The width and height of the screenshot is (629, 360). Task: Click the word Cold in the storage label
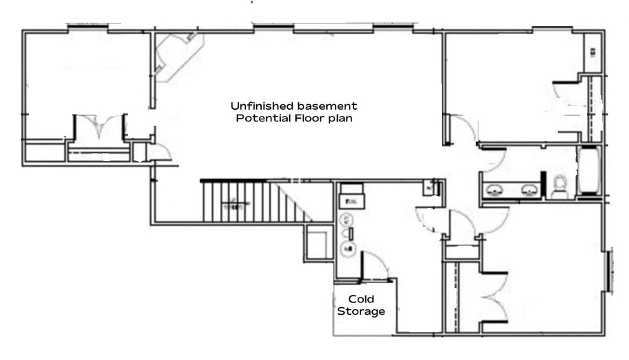[361, 299]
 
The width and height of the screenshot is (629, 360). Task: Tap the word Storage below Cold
[361, 311]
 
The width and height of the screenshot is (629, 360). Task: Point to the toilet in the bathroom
[559, 187]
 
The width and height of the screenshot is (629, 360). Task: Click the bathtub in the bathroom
[589, 170]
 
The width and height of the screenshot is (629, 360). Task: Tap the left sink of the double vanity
[494, 190]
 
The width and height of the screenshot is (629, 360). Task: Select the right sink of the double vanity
[530, 190]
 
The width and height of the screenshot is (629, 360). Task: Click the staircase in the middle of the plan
[257, 202]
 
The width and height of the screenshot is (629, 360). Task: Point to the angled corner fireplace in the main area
[178, 56]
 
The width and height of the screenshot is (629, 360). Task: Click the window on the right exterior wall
[610, 270]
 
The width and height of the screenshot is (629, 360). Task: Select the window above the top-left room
[88, 27]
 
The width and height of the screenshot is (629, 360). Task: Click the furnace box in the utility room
[351, 195]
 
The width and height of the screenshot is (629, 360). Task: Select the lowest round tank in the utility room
[347, 249]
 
